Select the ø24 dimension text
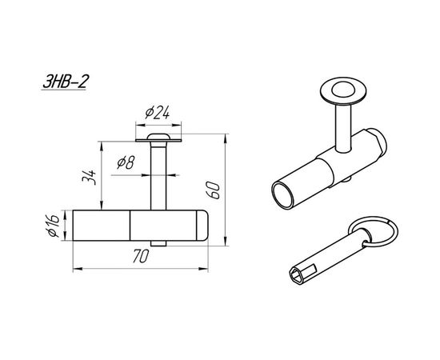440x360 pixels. (x=158, y=113)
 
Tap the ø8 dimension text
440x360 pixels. (x=126, y=162)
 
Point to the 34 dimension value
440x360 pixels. (x=90, y=177)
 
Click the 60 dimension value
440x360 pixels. (x=213, y=190)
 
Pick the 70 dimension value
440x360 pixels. (x=140, y=256)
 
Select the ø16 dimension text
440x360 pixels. (x=53, y=226)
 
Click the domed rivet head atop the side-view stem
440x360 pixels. (x=158, y=137)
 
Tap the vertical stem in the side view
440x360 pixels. (x=158, y=176)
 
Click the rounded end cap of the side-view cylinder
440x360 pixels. (x=202, y=226)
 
